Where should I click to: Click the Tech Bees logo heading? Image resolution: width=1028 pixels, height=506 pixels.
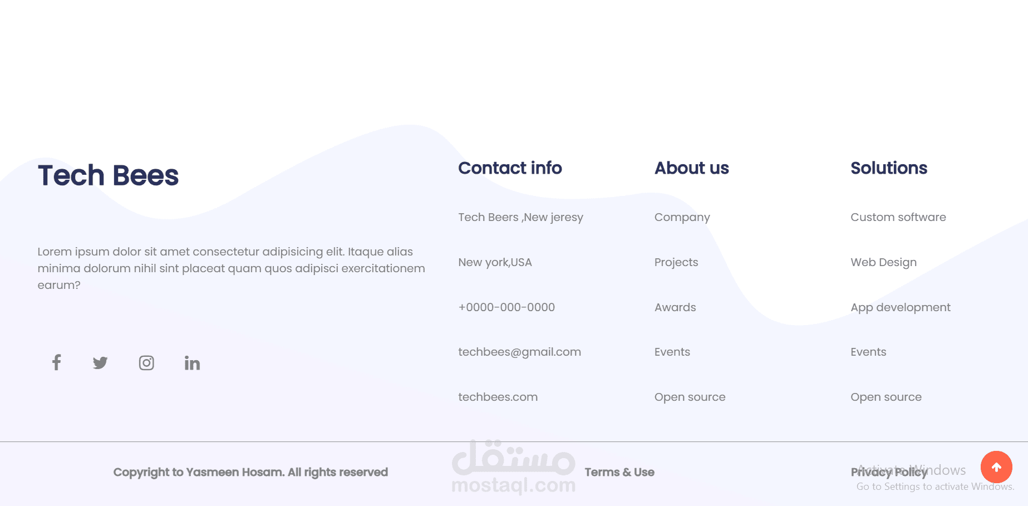(108, 175)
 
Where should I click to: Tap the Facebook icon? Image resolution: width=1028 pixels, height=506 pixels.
(56, 363)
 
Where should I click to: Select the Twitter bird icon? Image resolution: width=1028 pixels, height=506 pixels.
(100, 363)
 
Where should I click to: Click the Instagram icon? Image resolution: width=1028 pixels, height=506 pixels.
(146, 363)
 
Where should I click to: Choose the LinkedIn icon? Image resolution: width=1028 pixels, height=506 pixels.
(192, 363)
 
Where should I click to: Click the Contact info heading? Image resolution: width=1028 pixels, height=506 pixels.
(510, 168)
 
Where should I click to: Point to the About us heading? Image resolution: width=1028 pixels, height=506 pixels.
(691, 168)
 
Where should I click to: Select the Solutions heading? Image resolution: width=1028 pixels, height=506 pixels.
(888, 168)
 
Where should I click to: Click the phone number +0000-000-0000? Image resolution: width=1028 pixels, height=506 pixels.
(506, 307)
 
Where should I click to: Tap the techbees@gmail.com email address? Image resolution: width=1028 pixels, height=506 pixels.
(519, 352)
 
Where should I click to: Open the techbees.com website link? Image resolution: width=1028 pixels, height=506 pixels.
(498, 397)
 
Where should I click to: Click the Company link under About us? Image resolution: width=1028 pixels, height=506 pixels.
(682, 217)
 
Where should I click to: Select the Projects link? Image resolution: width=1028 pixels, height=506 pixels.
(676, 262)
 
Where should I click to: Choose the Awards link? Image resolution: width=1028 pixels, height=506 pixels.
(675, 307)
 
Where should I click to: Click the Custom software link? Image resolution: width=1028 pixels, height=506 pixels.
(898, 217)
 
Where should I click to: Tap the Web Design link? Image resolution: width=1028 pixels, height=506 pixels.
(883, 262)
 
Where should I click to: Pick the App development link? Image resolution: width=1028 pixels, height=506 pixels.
(900, 307)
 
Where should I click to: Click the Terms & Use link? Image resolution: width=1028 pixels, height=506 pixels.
(619, 472)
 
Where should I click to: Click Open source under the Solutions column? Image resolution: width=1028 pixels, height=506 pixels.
(886, 397)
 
